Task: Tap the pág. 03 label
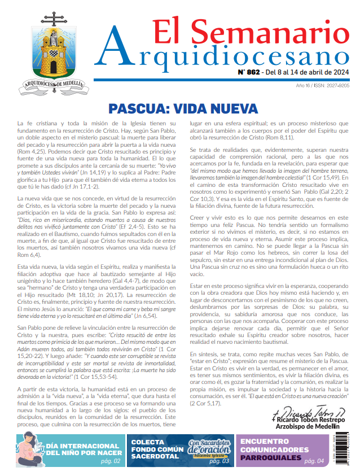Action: coord(219,461)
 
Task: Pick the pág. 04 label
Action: coord(314,461)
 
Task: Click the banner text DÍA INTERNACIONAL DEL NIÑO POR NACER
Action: coord(84,448)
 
